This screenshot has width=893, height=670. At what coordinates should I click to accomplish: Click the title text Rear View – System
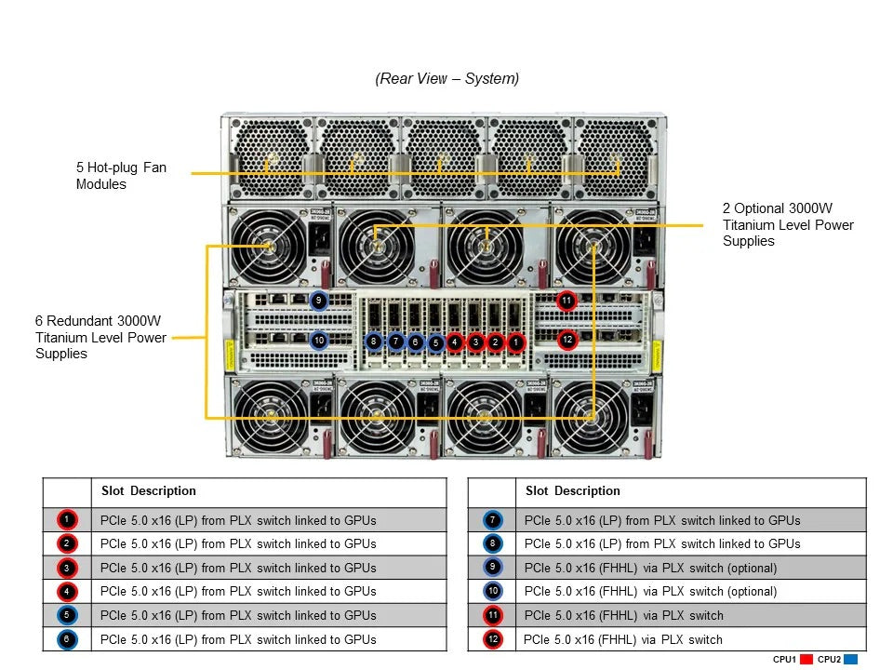(x=447, y=79)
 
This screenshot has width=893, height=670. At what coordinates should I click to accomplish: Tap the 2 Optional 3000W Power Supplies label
(x=788, y=224)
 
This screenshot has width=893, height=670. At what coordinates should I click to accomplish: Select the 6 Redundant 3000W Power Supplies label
(x=100, y=337)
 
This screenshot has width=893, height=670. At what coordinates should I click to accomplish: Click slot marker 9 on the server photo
(x=318, y=301)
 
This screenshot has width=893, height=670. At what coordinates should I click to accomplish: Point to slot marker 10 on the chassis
(x=318, y=341)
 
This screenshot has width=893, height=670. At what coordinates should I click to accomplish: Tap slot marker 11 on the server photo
(x=566, y=301)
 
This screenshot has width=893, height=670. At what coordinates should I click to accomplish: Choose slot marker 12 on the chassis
(x=566, y=341)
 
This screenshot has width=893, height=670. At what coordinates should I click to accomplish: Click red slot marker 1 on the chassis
(x=516, y=342)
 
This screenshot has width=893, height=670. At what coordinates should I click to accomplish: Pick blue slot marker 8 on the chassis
(x=374, y=342)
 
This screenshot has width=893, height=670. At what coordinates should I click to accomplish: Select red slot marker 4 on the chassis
(x=455, y=342)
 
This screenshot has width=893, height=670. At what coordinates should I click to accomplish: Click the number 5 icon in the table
(x=67, y=615)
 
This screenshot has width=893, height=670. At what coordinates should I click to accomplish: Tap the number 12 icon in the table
(x=492, y=639)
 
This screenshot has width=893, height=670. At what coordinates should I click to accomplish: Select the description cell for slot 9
(x=650, y=568)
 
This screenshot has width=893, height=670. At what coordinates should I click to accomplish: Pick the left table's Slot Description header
(x=148, y=491)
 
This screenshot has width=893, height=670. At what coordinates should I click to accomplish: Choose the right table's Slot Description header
(x=572, y=491)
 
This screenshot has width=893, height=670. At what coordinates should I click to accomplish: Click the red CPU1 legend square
(x=806, y=660)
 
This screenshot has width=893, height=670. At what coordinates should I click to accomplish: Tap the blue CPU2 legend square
(x=850, y=660)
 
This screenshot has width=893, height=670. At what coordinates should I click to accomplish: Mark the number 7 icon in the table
(x=492, y=520)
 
